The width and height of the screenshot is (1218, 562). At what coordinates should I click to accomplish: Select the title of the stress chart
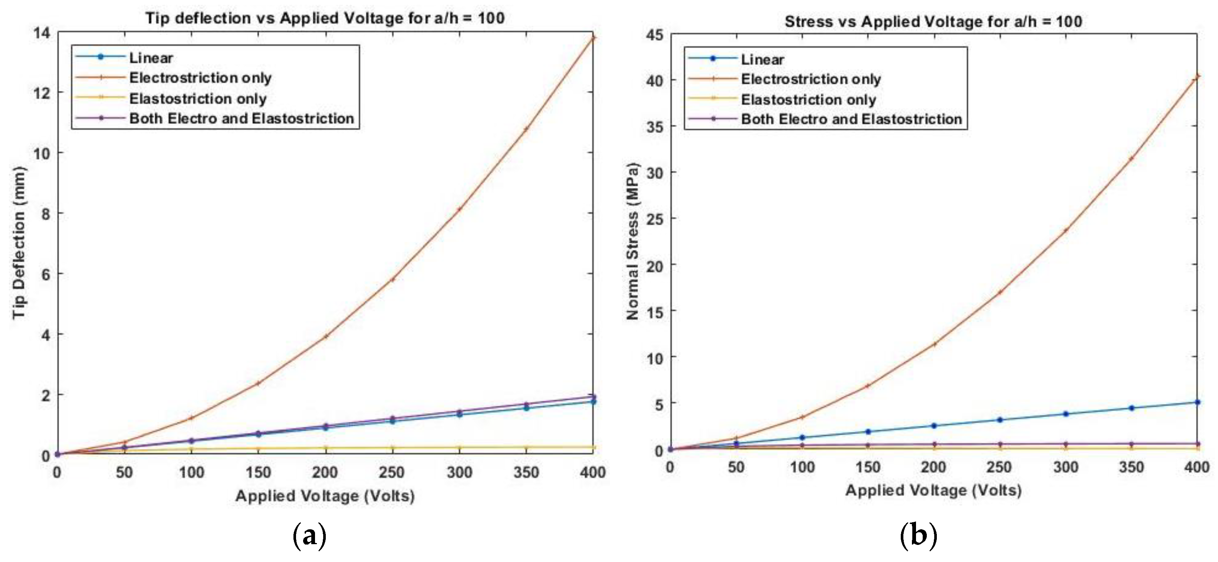click(933, 21)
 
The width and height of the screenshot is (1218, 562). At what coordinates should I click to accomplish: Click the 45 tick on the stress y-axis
click(655, 35)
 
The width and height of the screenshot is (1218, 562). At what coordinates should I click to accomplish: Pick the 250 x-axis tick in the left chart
click(392, 472)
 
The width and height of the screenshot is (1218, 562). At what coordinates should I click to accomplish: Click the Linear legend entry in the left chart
click(151, 58)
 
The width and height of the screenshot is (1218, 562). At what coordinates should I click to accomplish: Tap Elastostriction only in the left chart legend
click(197, 98)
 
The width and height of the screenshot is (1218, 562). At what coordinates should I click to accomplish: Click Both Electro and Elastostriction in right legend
click(851, 119)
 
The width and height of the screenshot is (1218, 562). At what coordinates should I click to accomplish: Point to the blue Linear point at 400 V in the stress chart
click(1197, 402)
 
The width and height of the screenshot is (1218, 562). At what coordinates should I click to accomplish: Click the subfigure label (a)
click(310, 536)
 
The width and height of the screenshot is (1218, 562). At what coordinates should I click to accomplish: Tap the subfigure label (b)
click(918, 536)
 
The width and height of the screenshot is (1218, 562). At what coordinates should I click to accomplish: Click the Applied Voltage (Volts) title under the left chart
click(325, 496)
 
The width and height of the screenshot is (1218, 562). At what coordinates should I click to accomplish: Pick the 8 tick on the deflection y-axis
click(45, 214)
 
